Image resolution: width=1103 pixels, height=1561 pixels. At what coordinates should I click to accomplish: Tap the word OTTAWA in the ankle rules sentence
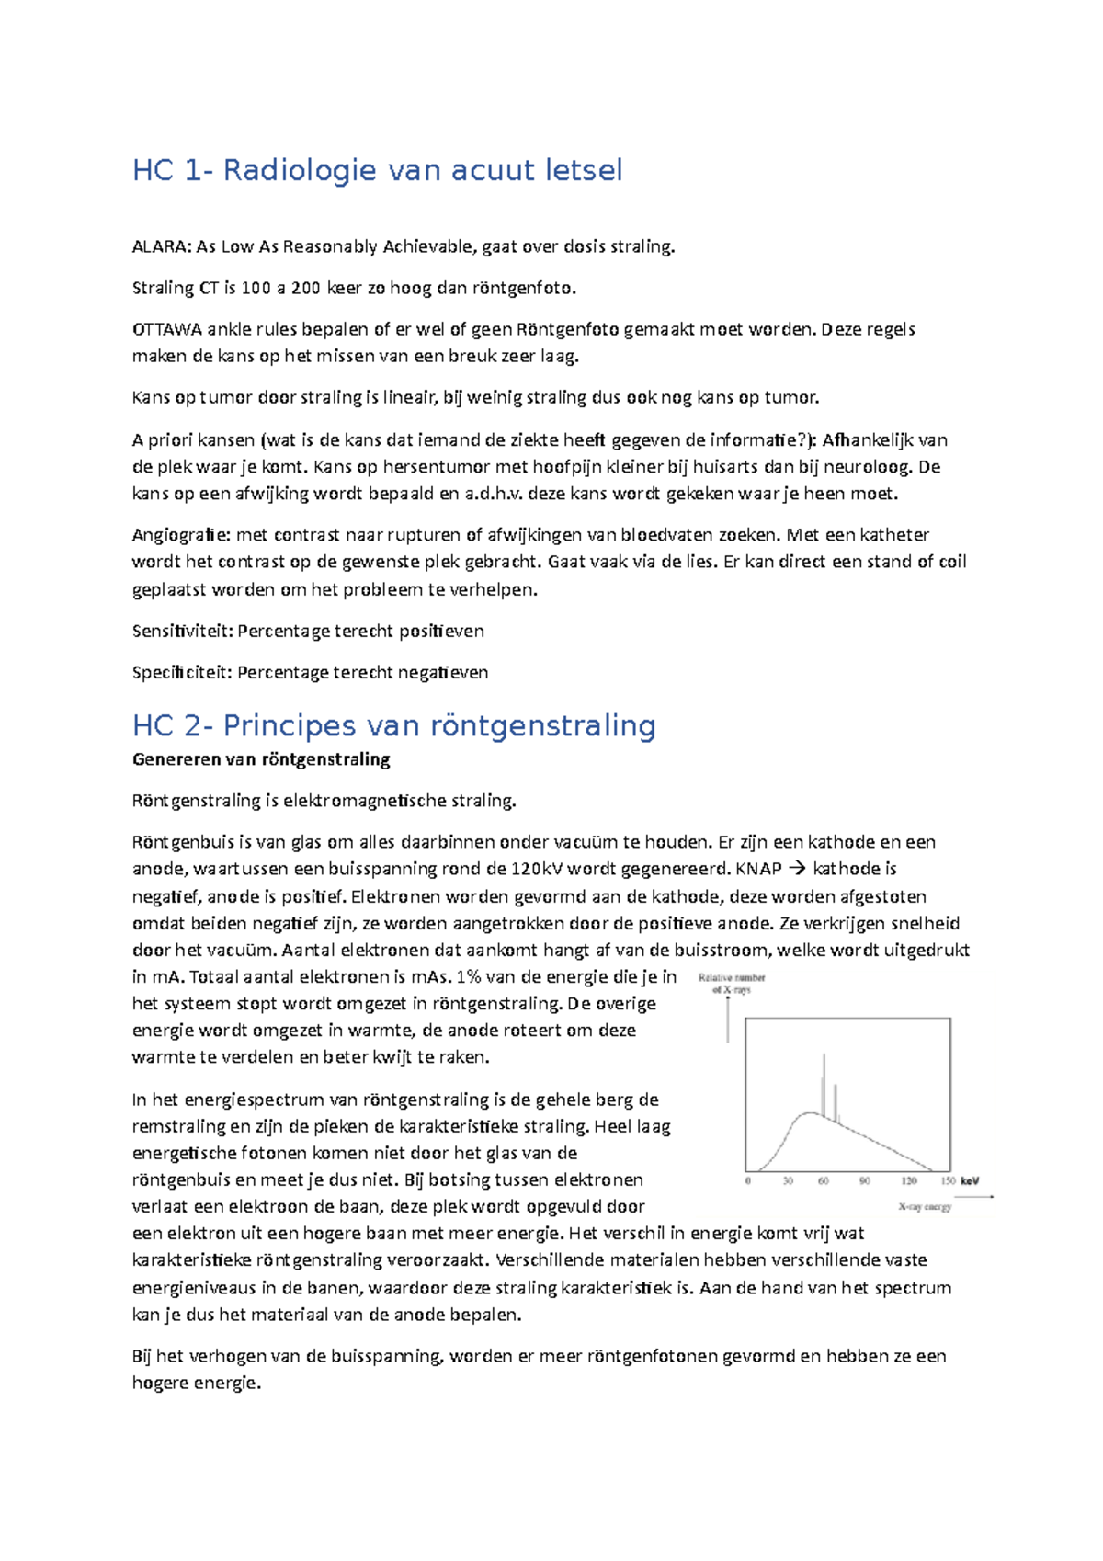tap(166, 329)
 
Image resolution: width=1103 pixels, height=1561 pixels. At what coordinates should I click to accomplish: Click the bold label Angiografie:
tap(182, 535)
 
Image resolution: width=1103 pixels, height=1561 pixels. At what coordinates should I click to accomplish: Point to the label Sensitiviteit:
tap(183, 632)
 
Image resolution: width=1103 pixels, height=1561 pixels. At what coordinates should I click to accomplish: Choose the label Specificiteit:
tap(183, 673)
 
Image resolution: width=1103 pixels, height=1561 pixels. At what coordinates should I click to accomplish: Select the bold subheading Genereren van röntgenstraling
tap(261, 759)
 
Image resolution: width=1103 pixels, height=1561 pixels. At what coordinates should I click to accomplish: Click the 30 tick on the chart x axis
tap(788, 1180)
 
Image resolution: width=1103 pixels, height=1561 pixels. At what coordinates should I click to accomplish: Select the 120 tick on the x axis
tap(908, 1180)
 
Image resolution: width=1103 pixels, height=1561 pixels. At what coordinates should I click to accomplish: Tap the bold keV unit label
tap(970, 1180)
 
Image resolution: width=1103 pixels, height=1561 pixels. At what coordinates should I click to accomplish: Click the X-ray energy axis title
tap(925, 1207)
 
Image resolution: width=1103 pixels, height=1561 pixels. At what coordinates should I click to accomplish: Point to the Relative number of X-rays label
tap(732, 984)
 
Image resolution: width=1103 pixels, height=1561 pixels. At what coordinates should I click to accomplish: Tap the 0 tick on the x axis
tap(747, 1180)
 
